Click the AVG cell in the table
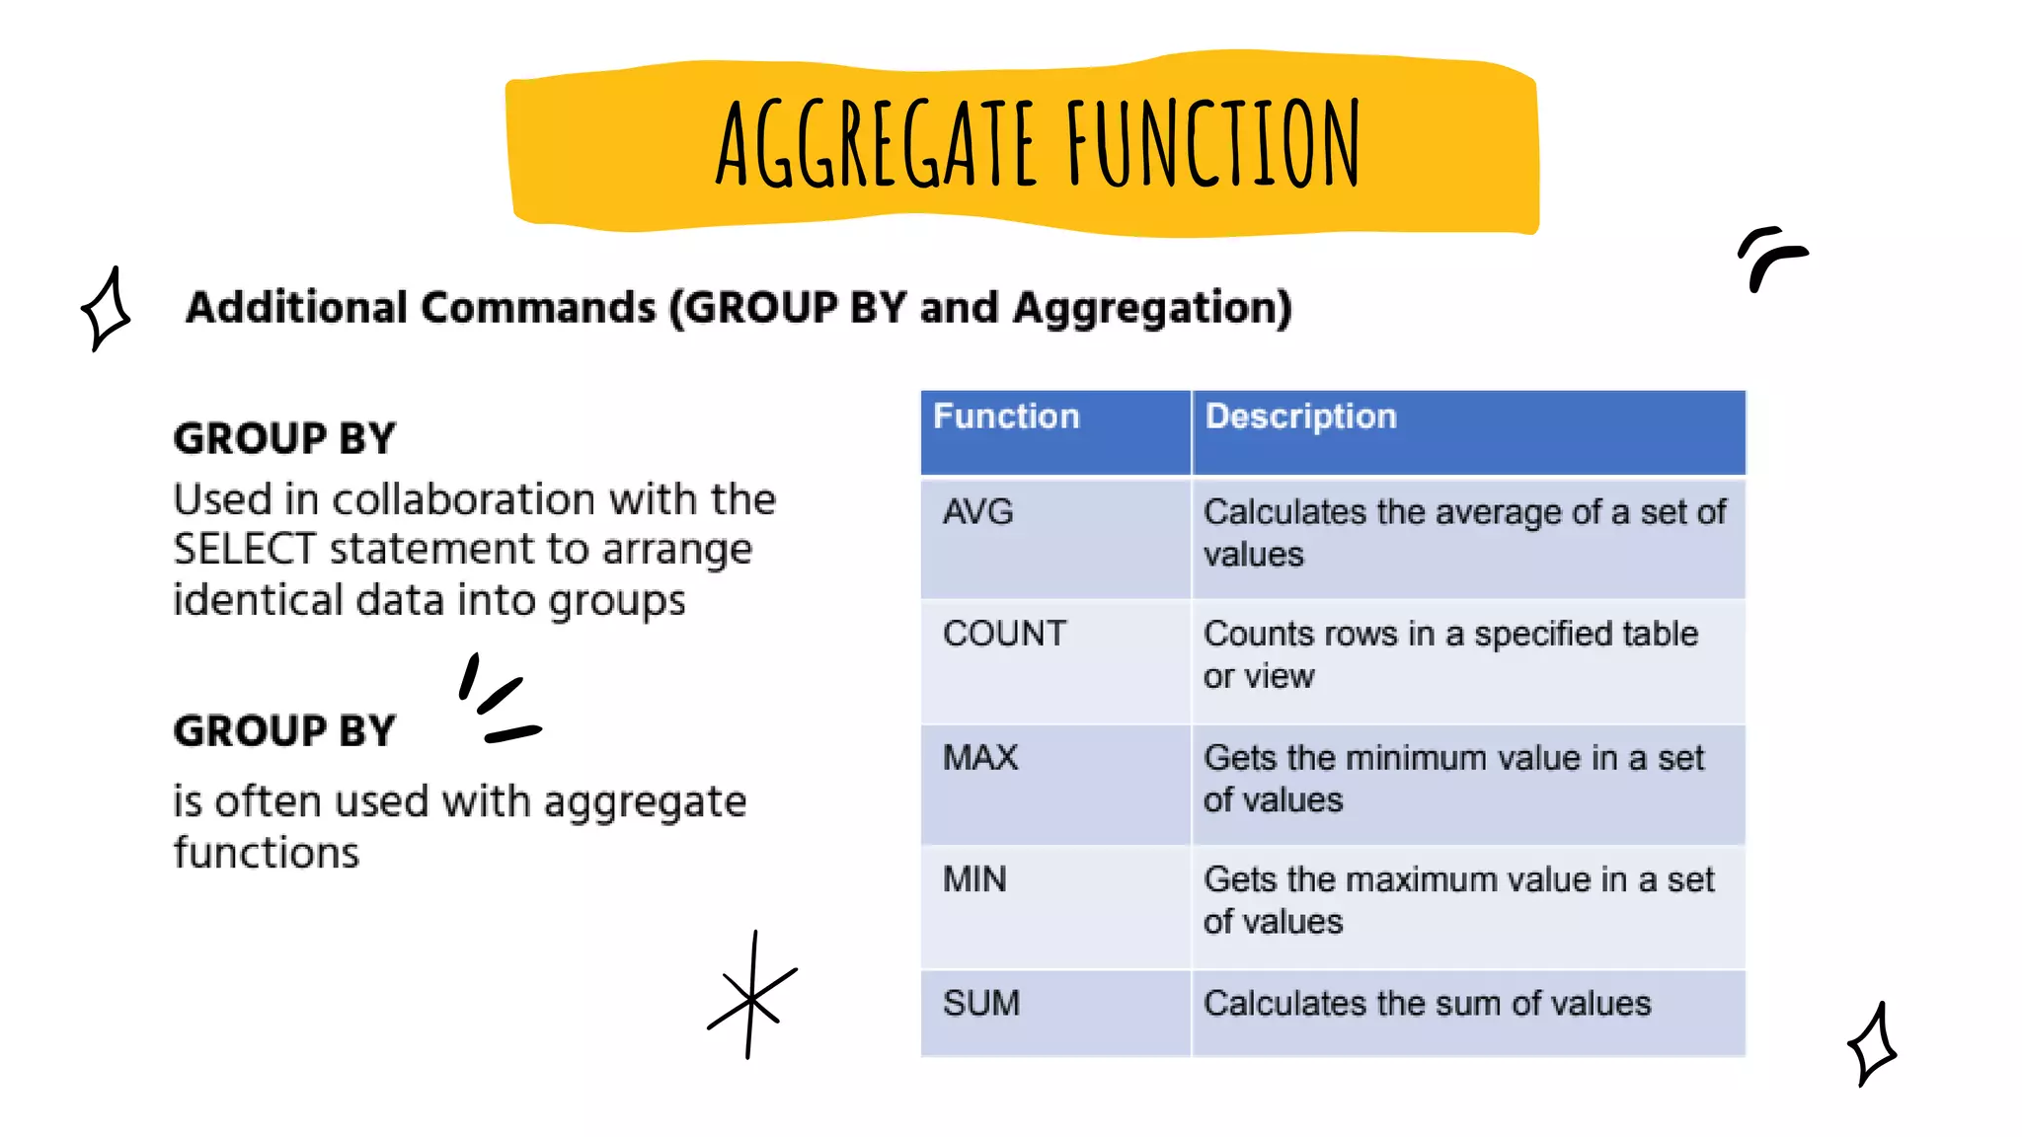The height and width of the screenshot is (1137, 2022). pyautogui.click(x=977, y=512)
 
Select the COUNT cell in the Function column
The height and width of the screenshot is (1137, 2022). pyautogui.click(x=1004, y=634)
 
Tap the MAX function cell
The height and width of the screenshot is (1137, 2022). pyautogui.click(x=980, y=758)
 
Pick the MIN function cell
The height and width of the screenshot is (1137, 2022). pyautogui.click(x=974, y=879)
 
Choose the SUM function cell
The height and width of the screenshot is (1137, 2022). pyautogui.click(x=981, y=1004)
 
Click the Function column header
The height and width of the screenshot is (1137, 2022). pyautogui.click(x=1006, y=417)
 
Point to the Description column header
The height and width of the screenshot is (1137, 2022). pyautogui.click(x=1300, y=417)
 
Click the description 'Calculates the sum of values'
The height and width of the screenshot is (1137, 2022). pyautogui.click(x=1427, y=1004)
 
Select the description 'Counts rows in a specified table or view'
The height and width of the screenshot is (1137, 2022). pyautogui.click(x=1450, y=654)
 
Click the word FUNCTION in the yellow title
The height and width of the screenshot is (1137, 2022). pyautogui.click(x=1213, y=145)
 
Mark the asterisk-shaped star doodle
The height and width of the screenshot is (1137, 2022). pyautogui.click(x=751, y=997)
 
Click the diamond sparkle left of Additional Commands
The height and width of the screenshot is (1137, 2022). pyautogui.click(x=106, y=310)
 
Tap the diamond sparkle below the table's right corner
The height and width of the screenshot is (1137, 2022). pyautogui.click(x=1872, y=1045)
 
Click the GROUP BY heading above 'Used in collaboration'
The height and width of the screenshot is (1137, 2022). pyautogui.click(x=284, y=439)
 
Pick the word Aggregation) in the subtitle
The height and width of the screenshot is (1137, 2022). pyautogui.click(x=1152, y=308)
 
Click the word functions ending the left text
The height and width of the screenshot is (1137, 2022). pyautogui.click(x=267, y=853)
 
